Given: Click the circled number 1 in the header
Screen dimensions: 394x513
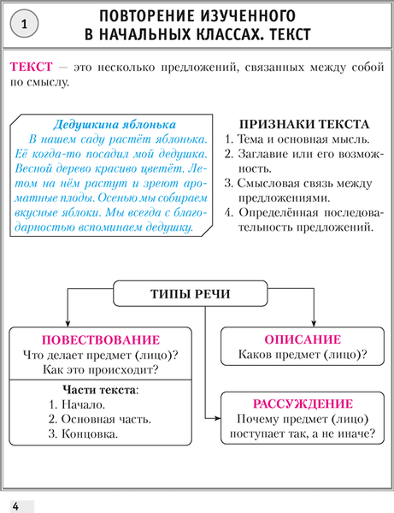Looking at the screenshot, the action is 24,25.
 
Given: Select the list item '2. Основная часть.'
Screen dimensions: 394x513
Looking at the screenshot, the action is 100,419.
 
